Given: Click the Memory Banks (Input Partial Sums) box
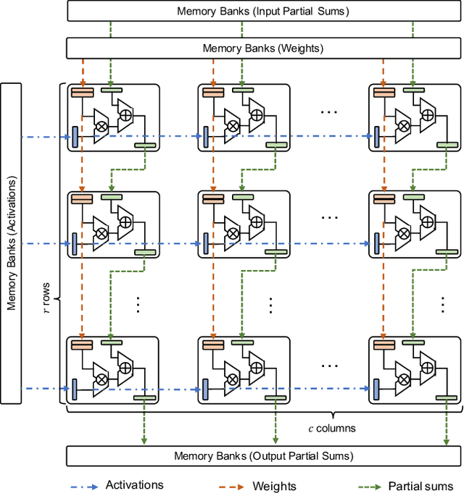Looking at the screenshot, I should point(262,11).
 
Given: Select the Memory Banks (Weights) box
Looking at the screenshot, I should point(262,49).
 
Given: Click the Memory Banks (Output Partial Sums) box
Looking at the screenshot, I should point(262,456).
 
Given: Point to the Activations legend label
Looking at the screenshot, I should point(134,485).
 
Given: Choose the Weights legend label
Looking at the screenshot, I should point(273,486).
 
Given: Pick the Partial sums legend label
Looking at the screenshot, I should point(420,486).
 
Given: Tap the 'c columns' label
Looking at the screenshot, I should point(330,429).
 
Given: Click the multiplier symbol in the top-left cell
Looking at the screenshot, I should point(102,126).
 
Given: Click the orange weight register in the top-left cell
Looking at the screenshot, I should point(82,91).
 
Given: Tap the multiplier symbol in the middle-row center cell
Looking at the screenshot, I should point(233,233).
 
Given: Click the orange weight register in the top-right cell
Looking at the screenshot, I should point(383,91).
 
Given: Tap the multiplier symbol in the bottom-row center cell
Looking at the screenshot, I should point(233,377).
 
